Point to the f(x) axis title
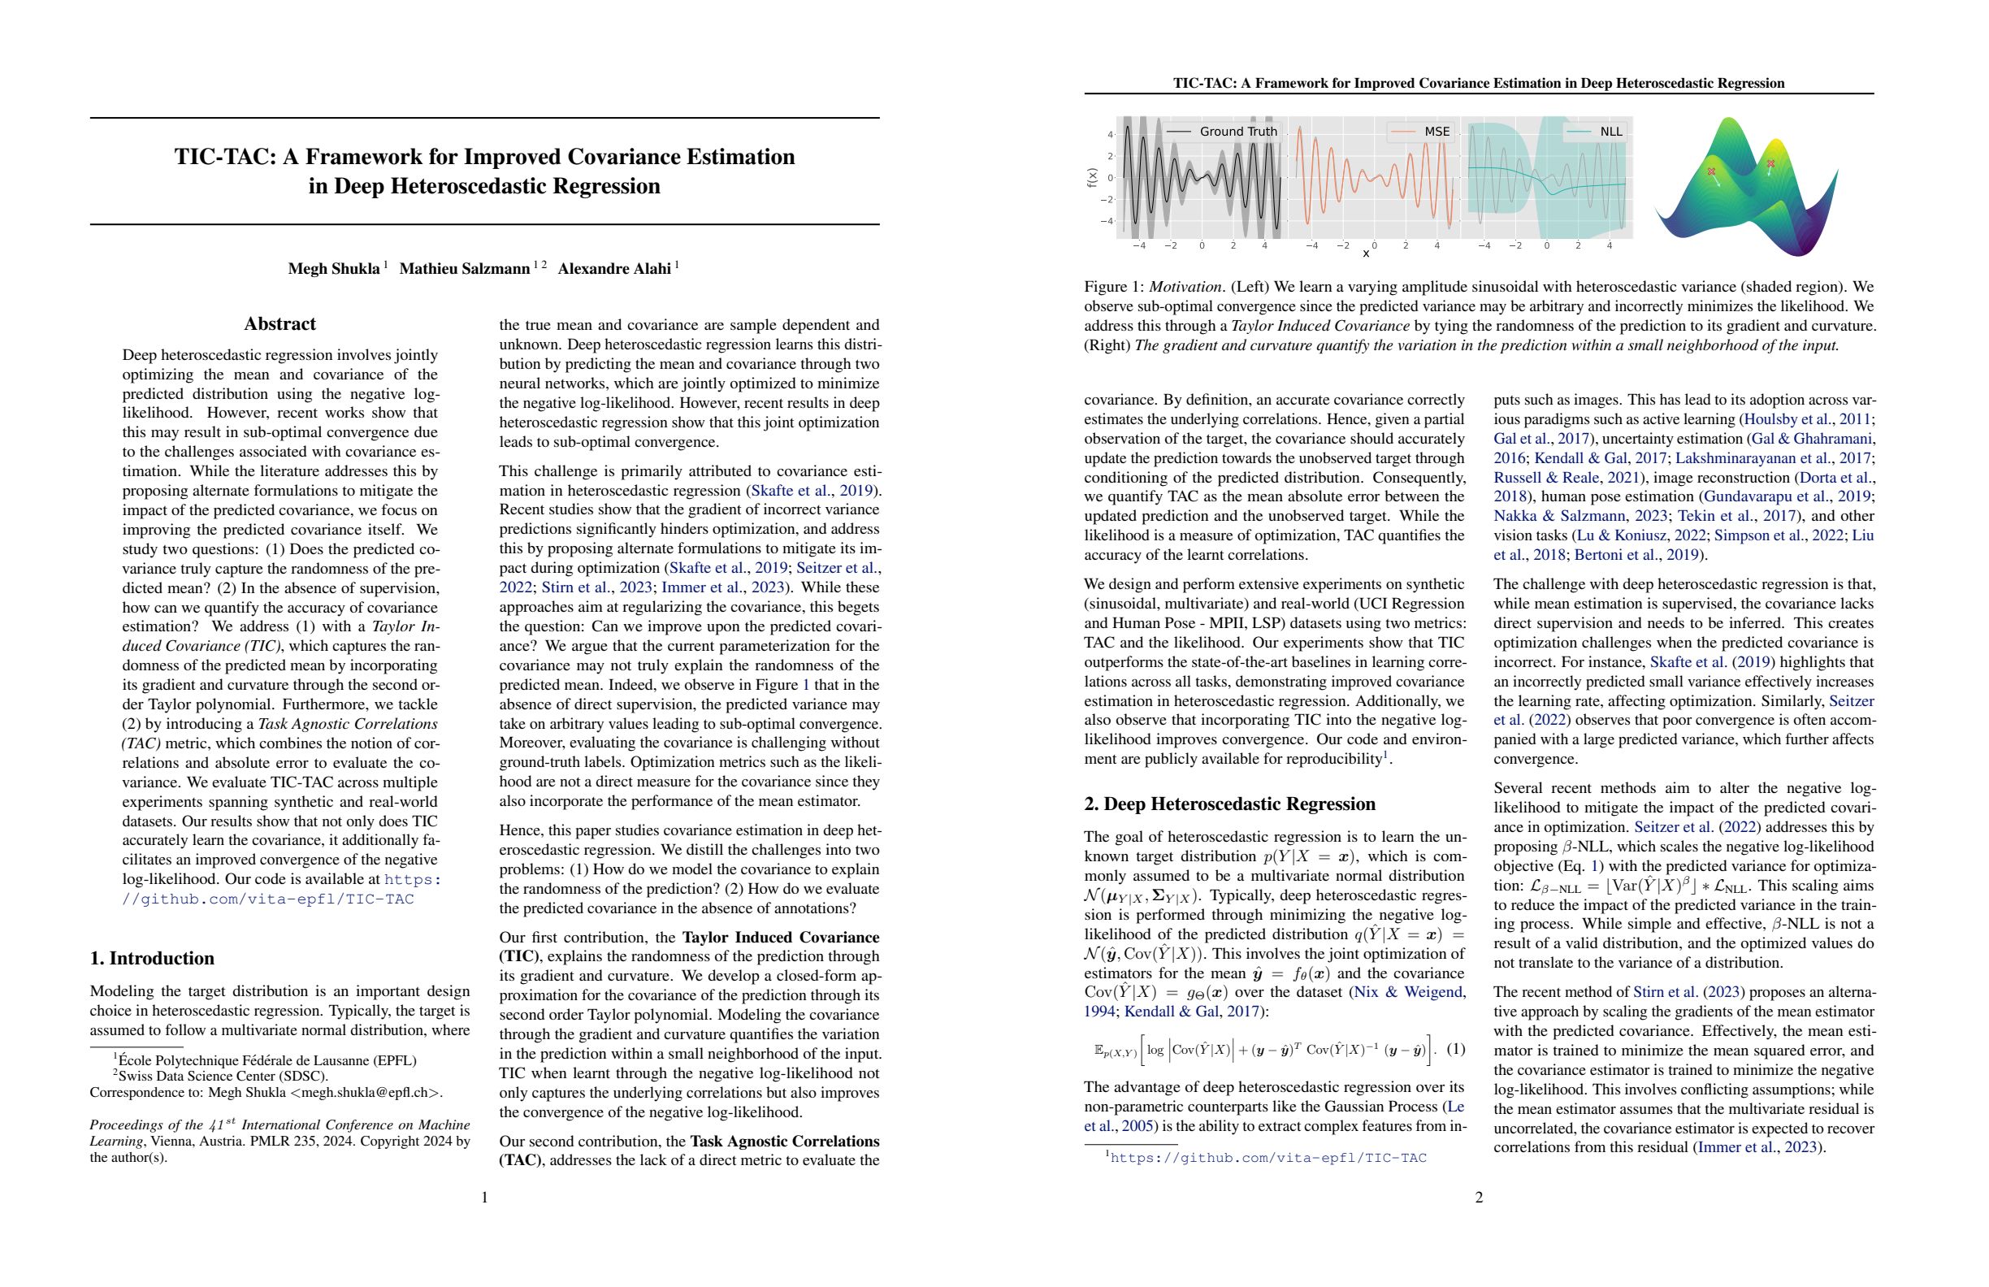coord(1091,177)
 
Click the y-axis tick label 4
coord(1110,135)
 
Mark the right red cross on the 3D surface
coord(1771,164)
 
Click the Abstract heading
coord(280,324)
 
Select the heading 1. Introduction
coord(152,958)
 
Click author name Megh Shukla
coord(333,268)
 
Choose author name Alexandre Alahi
coord(614,268)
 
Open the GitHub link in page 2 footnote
coord(1267,1158)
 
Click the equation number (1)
coord(1455,1049)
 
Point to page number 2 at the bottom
coord(1479,1198)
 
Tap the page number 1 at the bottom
coord(485,1198)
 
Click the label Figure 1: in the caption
coord(1114,287)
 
